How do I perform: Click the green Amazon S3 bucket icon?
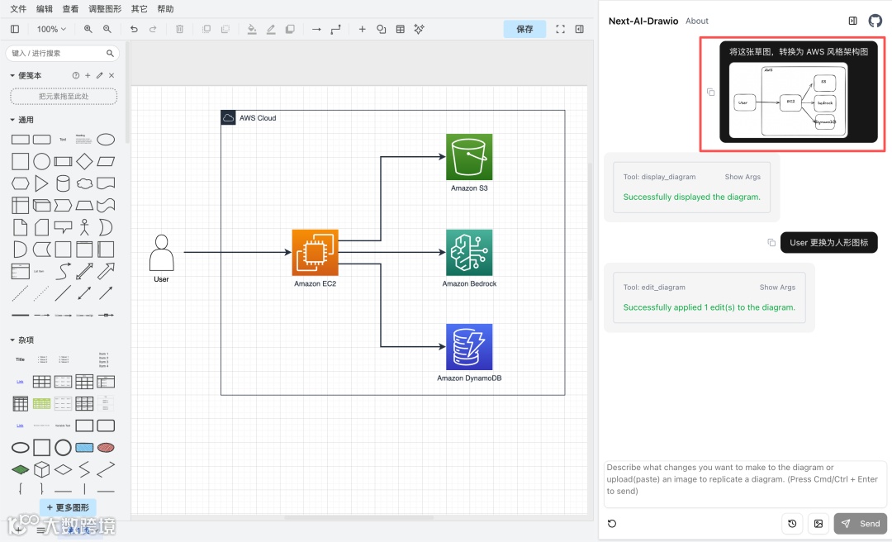pyautogui.click(x=469, y=157)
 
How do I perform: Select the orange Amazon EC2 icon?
pyautogui.click(x=315, y=252)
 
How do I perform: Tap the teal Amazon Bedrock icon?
pyautogui.click(x=469, y=252)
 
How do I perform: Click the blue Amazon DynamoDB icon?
pyautogui.click(x=469, y=347)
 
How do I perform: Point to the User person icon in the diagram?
pyautogui.click(x=161, y=253)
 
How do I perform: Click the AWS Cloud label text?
pyautogui.click(x=258, y=118)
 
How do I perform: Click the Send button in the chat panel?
pyautogui.click(x=861, y=524)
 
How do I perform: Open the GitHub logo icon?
pyautogui.click(x=875, y=21)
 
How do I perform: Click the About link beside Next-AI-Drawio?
pyautogui.click(x=697, y=21)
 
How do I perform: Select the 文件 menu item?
pyautogui.click(x=18, y=9)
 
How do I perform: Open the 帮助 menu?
pyautogui.click(x=165, y=9)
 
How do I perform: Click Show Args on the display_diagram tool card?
pyautogui.click(x=743, y=177)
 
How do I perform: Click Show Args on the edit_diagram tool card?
pyautogui.click(x=777, y=288)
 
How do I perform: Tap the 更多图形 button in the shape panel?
pyautogui.click(x=68, y=507)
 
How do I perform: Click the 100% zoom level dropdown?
pyautogui.click(x=52, y=29)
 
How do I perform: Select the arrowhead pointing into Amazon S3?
pyautogui.click(x=442, y=157)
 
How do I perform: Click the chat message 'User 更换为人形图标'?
pyautogui.click(x=828, y=243)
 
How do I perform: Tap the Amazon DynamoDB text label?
pyautogui.click(x=469, y=378)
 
